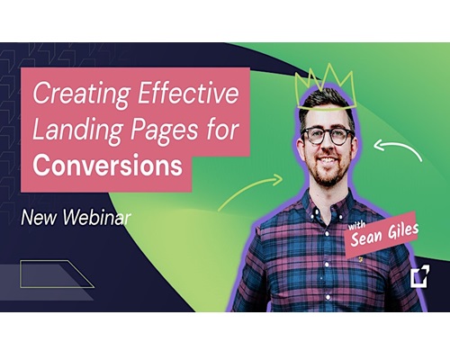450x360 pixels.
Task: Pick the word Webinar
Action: click(x=96, y=217)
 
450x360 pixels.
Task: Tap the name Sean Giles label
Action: click(x=384, y=233)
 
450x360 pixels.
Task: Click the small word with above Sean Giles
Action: click(x=356, y=225)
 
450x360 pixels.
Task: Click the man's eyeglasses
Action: click(x=328, y=136)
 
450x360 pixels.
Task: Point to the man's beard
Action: click(x=328, y=172)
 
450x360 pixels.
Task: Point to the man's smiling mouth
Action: click(x=328, y=160)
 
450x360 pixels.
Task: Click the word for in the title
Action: click(x=222, y=130)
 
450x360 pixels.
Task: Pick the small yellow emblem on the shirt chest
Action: click(x=357, y=258)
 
